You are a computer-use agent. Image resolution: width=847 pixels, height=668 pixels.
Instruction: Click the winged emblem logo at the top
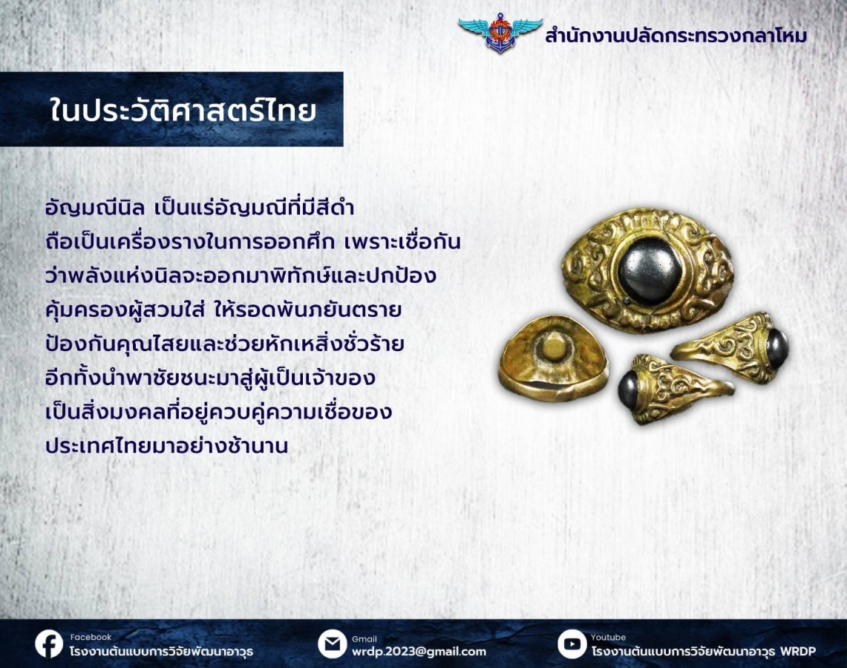click(x=500, y=33)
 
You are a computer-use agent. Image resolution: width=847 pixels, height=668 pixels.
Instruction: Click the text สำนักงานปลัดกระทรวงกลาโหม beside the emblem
click(x=676, y=36)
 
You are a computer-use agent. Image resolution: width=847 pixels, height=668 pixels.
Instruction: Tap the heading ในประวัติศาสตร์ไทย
click(x=183, y=110)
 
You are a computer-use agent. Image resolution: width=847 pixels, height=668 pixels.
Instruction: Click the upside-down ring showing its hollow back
click(x=552, y=358)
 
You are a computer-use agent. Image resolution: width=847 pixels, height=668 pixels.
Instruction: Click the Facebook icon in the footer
click(x=49, y=644)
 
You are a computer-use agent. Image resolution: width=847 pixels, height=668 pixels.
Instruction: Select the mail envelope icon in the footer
click(x=333, y=644)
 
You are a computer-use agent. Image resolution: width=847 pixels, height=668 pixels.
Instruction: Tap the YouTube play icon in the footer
click(x=572, y=644)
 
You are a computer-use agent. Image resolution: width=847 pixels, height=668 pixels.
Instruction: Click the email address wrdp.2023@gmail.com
click(x=419, y=652)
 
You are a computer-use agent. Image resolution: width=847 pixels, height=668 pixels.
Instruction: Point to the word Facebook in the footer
click(x=91, y=638)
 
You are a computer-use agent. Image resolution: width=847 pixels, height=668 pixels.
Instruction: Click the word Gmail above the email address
click(x=364, y=639)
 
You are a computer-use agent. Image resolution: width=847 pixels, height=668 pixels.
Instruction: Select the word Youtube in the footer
click(x=608, y=638)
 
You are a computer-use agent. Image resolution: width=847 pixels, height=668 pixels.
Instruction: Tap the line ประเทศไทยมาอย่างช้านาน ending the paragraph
click(x=167, y=445)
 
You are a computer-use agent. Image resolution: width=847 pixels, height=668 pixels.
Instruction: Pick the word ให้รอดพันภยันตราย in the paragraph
click(x=308, y=310)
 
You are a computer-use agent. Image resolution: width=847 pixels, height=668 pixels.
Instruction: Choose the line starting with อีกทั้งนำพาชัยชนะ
click(x=211, y=378)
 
